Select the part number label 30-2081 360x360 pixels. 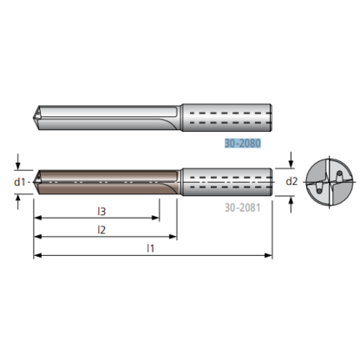click(243, 208)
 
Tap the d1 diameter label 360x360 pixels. click(18, 181)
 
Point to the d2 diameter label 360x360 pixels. click(291, 181)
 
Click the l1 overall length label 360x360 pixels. click(150, 247)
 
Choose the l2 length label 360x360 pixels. click(101, 229)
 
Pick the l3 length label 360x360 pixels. click(101, 211)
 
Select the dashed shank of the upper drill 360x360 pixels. click(228, 116)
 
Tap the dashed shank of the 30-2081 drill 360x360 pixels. click(228, 181)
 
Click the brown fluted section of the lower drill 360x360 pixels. click(104, 181)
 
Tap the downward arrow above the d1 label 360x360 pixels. click(18, 165)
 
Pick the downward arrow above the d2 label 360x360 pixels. click(291, 162)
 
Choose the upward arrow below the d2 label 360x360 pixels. click(291, 201)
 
